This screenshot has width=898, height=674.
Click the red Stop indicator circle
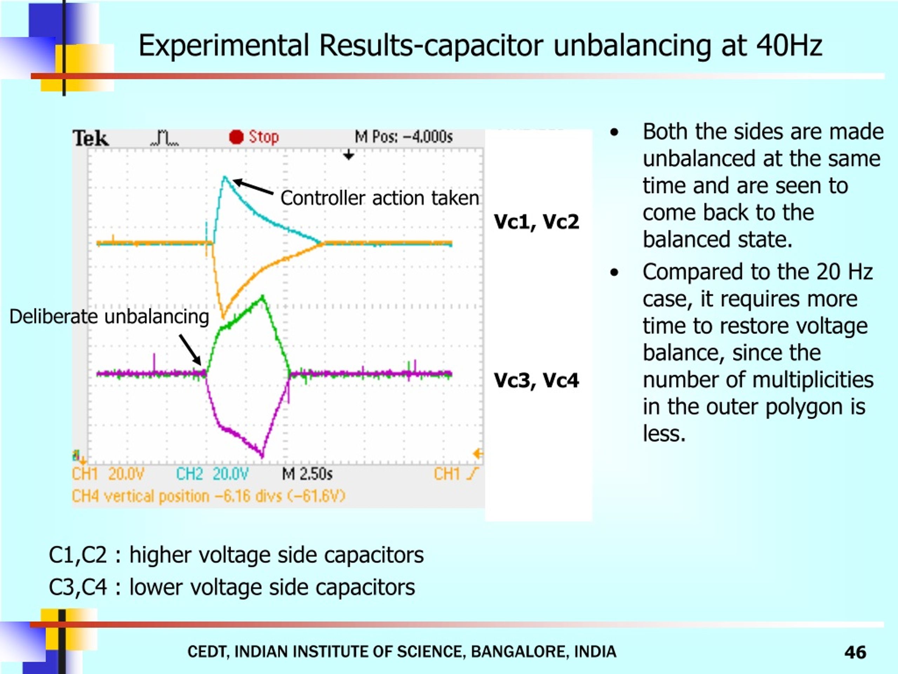[236, 137]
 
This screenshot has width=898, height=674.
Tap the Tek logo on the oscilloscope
[91, 138]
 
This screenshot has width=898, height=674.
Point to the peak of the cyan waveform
[224, 177]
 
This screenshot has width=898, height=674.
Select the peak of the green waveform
[263, 297]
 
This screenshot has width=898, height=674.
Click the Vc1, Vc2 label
[536, 222]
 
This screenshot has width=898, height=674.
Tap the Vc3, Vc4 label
[536, 381]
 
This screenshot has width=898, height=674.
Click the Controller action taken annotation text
[380, 198]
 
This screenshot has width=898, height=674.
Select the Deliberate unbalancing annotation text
[109, 317]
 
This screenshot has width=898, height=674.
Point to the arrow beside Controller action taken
[253, 187]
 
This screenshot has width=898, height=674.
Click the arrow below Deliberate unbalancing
[190, 350]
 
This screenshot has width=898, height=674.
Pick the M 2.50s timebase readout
[307, 474]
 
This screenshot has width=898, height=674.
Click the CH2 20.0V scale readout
[212, 474]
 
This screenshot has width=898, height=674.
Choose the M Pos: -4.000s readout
[403, 137]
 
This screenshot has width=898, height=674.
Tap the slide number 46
[855, 653]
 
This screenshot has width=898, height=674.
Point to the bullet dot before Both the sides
[615, 132]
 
